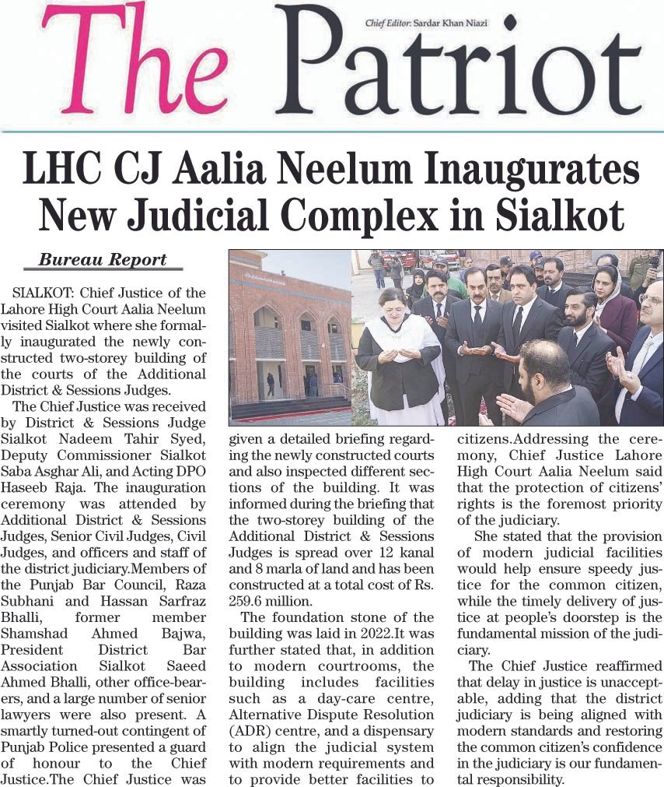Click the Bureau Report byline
coord(103,261)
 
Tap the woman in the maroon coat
coord(616,308)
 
